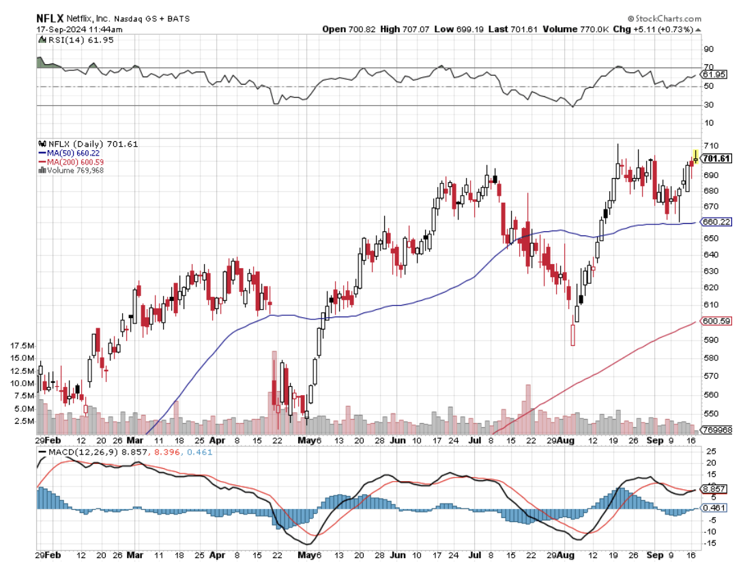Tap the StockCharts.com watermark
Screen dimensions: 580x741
662,18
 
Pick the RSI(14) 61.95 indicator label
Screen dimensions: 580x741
71,42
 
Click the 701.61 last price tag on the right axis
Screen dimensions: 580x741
716,158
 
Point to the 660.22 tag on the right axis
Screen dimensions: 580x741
716,222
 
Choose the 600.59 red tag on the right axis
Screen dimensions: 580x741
716,321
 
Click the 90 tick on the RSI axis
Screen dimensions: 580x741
709,49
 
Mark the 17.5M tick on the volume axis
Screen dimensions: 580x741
23,345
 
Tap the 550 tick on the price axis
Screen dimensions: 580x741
711,414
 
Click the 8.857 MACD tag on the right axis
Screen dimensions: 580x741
718,489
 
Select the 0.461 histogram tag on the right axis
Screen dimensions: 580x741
718,508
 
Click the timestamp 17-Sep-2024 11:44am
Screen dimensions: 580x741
80,29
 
